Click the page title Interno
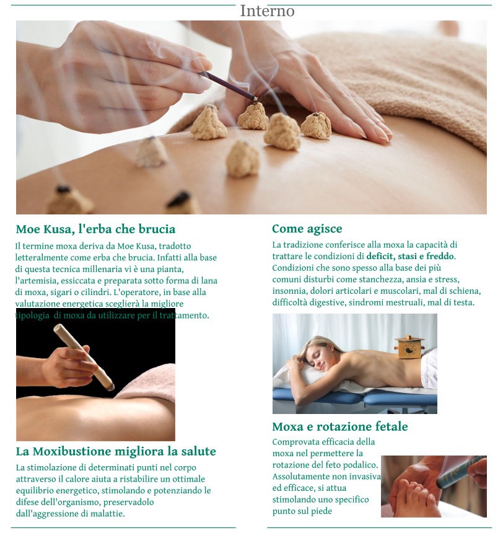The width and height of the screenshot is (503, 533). [267, 11]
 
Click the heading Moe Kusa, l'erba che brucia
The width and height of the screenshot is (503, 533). [95, 229]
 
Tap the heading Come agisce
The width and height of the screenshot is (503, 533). [307, 229]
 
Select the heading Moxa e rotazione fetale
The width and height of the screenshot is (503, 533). [340, 426]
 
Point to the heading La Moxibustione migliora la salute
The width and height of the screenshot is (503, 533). [116, 451]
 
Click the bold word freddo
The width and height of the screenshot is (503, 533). [440, 256]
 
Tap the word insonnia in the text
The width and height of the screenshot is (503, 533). [289, 291]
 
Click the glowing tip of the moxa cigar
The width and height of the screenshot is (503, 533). [110, 386]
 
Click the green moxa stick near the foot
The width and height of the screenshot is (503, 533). [460, 472]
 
